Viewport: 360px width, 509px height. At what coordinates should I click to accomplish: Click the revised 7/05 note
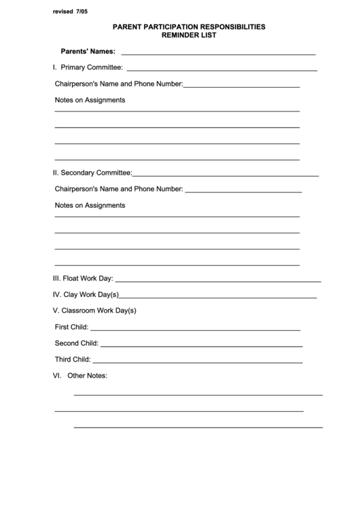click(70, 12)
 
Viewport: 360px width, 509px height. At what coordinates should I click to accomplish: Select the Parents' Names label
click(88, 51)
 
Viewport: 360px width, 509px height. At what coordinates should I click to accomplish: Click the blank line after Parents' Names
click(218, 53)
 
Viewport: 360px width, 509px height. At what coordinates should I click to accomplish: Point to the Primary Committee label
click(88, 67)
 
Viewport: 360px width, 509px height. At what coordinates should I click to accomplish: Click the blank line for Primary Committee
click(221, 69)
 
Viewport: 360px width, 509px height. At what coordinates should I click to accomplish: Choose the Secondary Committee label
click(92, 173)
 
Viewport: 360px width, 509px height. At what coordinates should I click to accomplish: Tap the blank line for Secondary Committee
click(226, 175)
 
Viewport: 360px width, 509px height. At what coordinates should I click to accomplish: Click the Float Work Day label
click(83, 278)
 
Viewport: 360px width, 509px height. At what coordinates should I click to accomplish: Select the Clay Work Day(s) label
click(86, 294)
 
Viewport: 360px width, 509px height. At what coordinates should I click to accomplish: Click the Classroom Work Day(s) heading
click(94, 311)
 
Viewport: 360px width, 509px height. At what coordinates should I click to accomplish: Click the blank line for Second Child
click(201, 345)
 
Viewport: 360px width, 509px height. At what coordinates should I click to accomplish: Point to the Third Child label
click(72, 359)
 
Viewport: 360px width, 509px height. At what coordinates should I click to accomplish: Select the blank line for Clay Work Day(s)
click(217, 297)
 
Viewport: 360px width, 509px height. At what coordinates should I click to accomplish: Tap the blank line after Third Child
click(197, 362)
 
